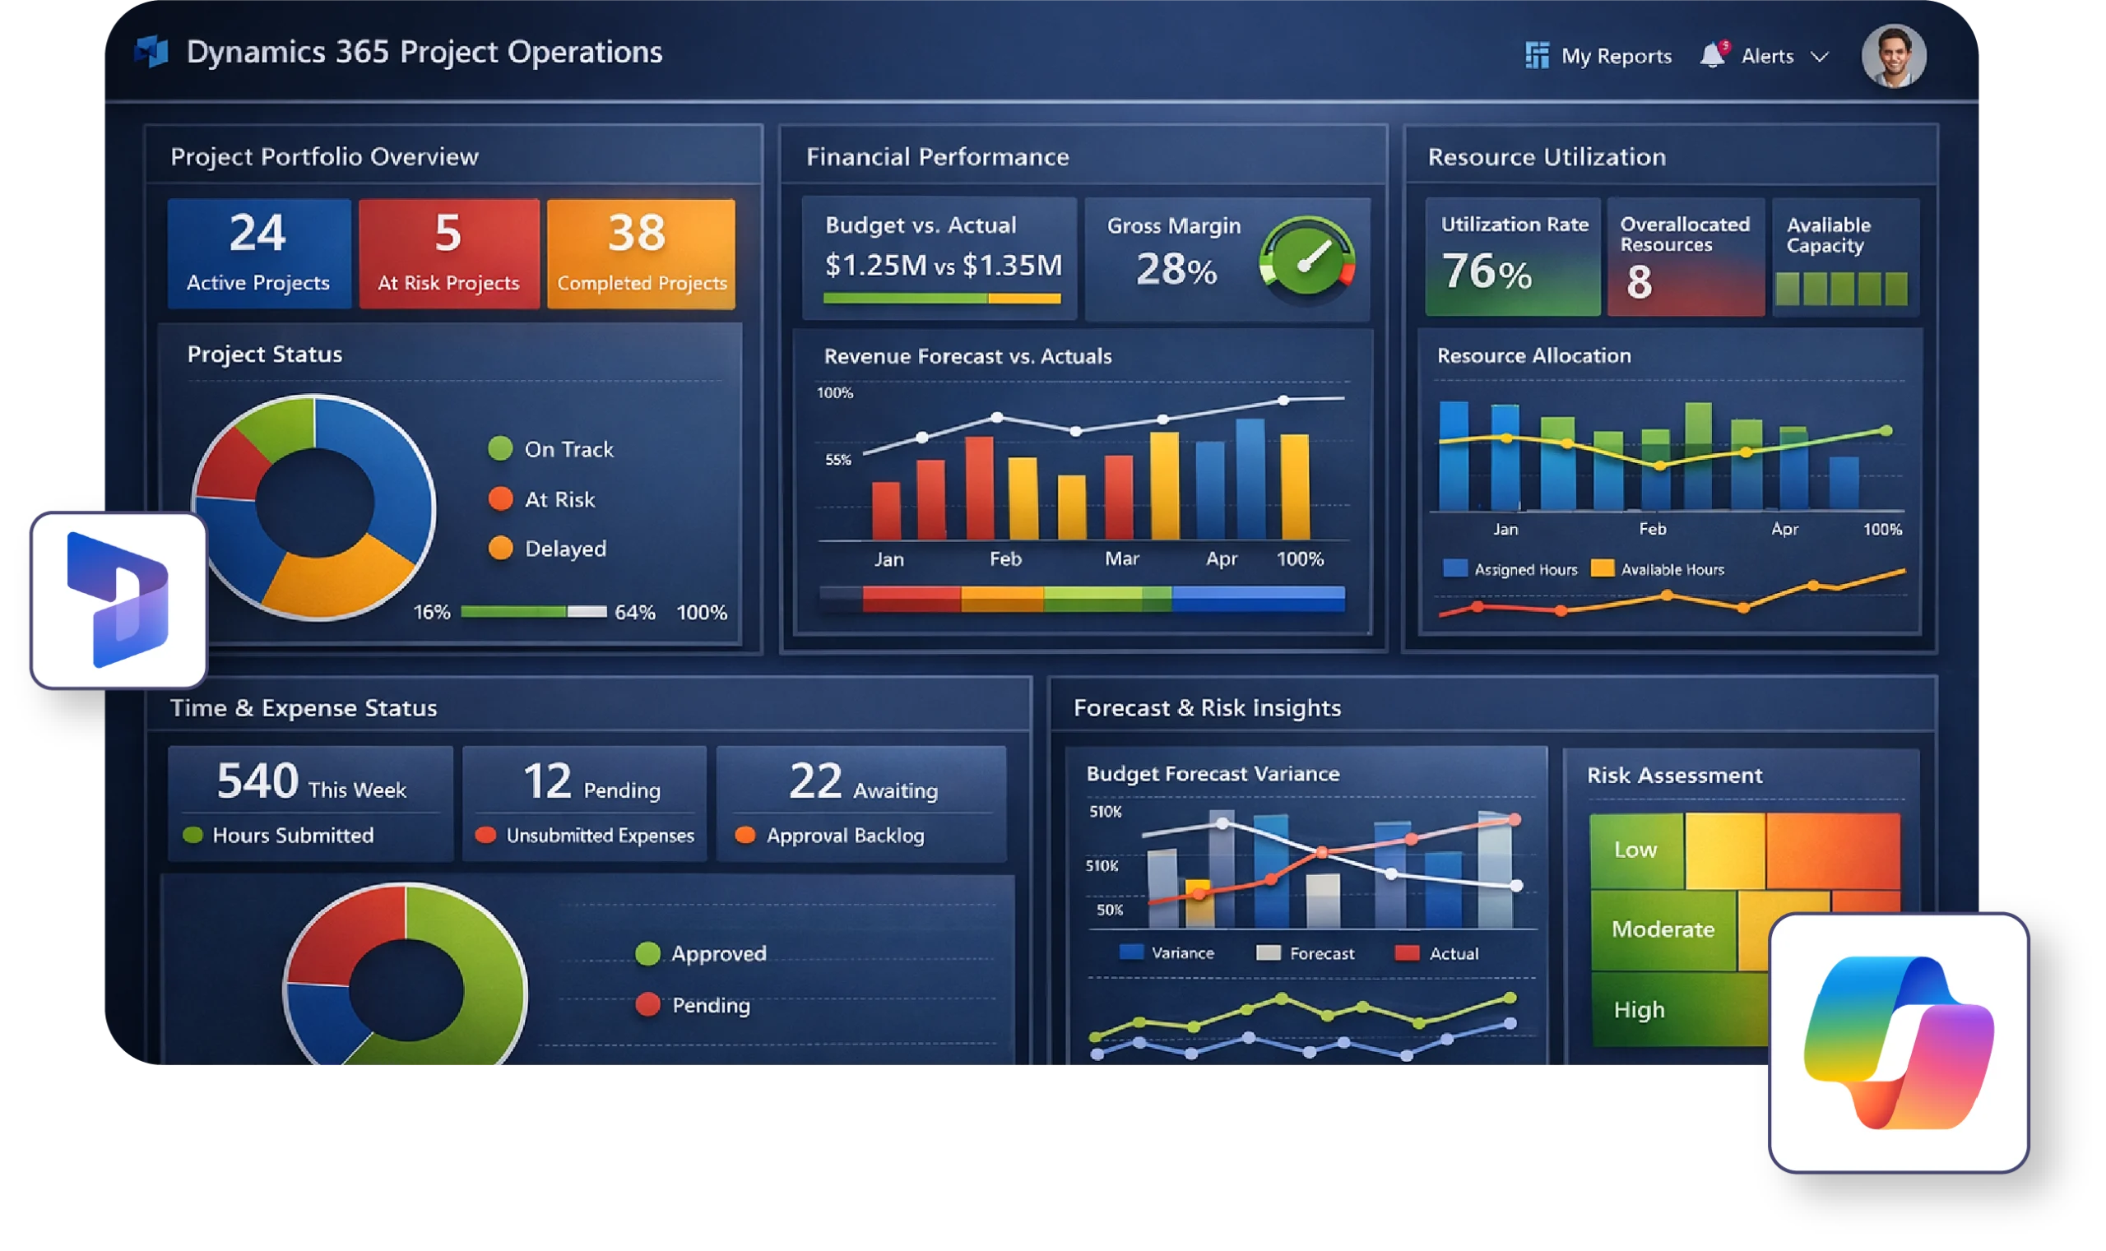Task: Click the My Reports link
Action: pos(1599,56)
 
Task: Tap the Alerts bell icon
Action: pos(1711,55)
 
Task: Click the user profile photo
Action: pos(1893,56)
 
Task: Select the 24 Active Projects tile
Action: pos(258,253)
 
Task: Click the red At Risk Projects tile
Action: pos(448,253)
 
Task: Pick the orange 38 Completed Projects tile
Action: pos(641,253)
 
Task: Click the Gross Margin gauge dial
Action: pos(1306,262)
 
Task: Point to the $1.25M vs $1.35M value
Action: pos(943,266)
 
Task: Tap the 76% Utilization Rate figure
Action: pos(1487,272)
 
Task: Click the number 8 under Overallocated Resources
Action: pos(1638,282)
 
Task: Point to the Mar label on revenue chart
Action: pos(1121,559)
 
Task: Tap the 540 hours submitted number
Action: pos(257,781)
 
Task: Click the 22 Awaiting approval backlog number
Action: pos(814,781)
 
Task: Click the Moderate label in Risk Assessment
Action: pos(1663,929)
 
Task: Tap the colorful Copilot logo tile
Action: pos(1898,1042)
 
